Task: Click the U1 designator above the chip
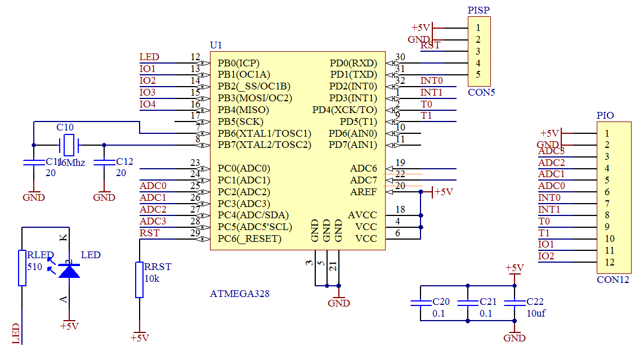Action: point(216,45)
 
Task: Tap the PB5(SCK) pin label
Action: point(240,121)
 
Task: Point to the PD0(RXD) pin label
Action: point(353,62)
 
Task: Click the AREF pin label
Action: point(363,192)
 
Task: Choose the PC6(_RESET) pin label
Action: point(249,238)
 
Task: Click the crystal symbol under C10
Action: point(69,145)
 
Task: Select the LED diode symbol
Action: point(69,271)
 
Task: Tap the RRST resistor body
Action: point(139,280)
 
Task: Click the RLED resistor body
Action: point(22,268)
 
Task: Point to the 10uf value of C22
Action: point(535,313)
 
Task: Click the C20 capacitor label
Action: point(441,301)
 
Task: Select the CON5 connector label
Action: point(481,92)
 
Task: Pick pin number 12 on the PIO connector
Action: point(610,262)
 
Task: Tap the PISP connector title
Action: point(478,10)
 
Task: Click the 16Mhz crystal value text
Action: point(71,162)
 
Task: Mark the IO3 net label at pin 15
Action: point(147,92)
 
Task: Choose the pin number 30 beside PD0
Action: point(400,57)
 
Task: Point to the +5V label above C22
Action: point(515,267)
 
